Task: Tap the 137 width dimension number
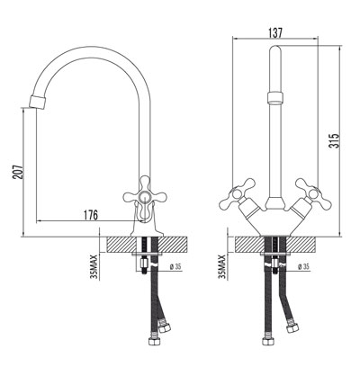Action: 275,31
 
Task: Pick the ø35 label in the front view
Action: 303,267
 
